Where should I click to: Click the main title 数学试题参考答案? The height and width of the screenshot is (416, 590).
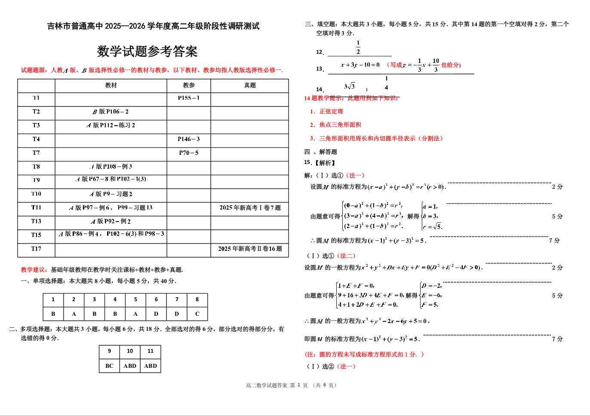[147, 52]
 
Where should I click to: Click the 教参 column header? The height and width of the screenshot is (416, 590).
[189, 85]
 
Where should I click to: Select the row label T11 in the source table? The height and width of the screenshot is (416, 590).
[36, 208]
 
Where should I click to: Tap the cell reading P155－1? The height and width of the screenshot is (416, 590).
[189, 98]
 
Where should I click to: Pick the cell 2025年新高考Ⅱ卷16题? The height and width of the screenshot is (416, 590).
[250, 249]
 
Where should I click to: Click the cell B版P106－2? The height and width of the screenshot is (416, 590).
[111, 112]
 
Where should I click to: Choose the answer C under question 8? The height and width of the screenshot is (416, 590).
[197, 314]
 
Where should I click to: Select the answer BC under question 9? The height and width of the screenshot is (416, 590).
[109, 366]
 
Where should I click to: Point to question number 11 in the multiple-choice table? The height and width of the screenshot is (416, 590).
[151, 351]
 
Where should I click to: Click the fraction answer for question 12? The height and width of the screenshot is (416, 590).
[358, 47]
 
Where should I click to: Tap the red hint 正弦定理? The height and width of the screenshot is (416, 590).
[331, 111]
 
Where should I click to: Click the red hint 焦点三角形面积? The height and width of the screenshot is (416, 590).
[340, 125]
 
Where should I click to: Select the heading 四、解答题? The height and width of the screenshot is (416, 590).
[321, 152]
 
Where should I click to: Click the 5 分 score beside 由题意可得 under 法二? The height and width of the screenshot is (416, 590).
[557, 296]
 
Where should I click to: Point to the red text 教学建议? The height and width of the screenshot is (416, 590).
[34, 270]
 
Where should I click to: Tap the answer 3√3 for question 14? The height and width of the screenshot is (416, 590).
[350, 86]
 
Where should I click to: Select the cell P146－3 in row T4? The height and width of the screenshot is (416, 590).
[189, 139]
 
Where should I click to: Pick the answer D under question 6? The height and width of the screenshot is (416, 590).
[156, 314]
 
